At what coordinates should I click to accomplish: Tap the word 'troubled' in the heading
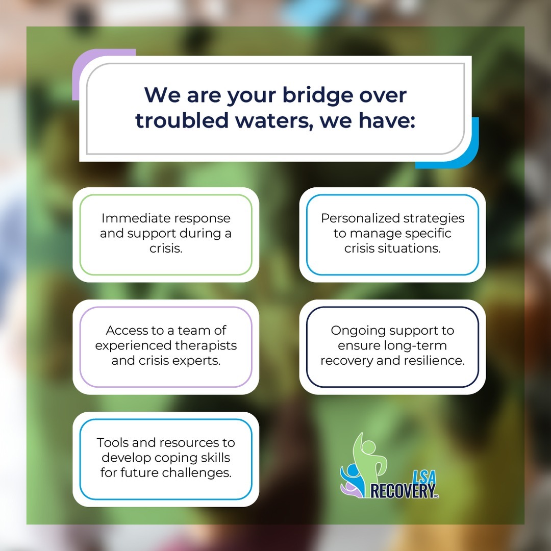click(x=182, y=120)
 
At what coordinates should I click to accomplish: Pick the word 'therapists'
click(x=206, y=346)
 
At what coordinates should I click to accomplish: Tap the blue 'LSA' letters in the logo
click(x=424, y=477)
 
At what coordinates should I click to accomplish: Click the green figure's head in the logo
click(x=368, y=447)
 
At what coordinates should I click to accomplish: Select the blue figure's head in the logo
click(x=353, y=470)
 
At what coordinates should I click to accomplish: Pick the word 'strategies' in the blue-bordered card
click(x=434, y=218)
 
